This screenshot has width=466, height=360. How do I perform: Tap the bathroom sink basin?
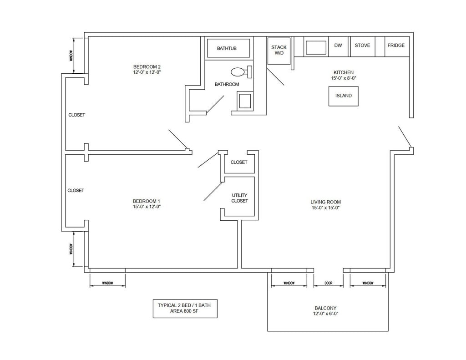point(245,101)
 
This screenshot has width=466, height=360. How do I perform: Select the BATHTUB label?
point(227,48)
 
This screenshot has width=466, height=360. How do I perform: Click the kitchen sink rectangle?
point(316,48)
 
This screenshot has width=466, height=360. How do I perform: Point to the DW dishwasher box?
point(338,46)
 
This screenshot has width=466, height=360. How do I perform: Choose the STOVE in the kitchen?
point(363,46)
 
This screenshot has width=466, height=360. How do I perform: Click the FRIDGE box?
point(397,46)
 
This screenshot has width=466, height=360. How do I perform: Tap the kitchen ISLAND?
point(343,96)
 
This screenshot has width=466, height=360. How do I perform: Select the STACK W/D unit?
point(279,51)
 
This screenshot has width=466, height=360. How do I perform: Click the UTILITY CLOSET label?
point(239,198)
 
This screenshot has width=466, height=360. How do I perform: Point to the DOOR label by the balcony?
point(329,283)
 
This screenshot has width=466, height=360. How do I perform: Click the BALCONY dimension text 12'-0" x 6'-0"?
point(325,314)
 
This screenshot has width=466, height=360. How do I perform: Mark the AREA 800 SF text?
point(184,311)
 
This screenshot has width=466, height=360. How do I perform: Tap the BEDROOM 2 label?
point(147,66)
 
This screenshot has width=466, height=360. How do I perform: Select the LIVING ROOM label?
point(325,202)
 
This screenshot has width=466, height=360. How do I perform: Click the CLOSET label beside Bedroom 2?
point(76,115)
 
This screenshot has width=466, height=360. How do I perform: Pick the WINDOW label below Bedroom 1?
point(107,283)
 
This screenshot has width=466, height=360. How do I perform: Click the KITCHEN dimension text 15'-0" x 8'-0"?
point(344,78)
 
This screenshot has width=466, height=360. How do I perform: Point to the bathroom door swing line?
point(215,104)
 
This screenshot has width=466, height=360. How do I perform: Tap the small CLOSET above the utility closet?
point(239,162)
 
